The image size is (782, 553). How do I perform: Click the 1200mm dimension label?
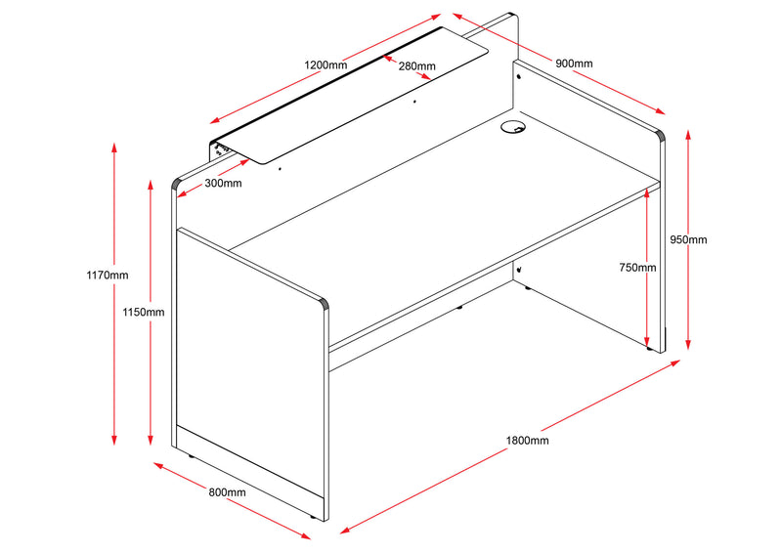tap(326, 64)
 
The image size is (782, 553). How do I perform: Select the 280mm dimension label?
tap(416, 66)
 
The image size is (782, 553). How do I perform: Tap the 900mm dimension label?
tap(574, 64)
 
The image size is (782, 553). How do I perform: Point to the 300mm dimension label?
tap(223, 183)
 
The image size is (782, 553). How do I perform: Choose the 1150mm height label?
tap(144, 312)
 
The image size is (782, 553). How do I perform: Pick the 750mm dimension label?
tap(637, 268)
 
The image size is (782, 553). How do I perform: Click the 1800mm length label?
tap(528, 441)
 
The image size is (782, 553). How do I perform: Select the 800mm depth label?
tap(227, 492)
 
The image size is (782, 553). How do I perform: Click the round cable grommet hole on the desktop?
tap(511, 127)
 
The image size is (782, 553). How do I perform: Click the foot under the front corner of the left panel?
tap(314, 514)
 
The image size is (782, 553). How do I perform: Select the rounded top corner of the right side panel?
tap(661, 136)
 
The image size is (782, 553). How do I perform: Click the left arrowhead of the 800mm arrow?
tap(157, 466)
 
